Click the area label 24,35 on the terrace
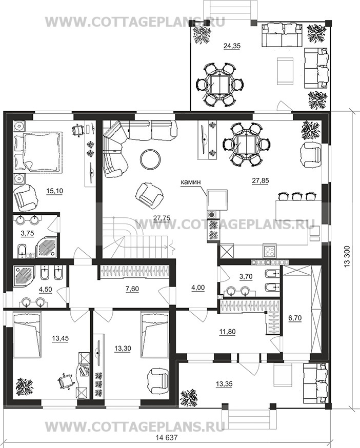pos(232,46)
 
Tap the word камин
pos(190,182)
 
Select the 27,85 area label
pos(261,180)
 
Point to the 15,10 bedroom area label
pos(54,191)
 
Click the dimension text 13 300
pos(347,257)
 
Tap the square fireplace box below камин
pos(217,199)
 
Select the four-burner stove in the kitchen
pos(269,252)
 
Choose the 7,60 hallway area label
pos(133,289)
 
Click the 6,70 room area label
pos(295,318)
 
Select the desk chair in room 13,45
pos(66,381)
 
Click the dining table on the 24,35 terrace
pos(219,85)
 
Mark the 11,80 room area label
pos(228,332)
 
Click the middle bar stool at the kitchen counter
pos(296,196)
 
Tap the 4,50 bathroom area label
pos(46,290)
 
